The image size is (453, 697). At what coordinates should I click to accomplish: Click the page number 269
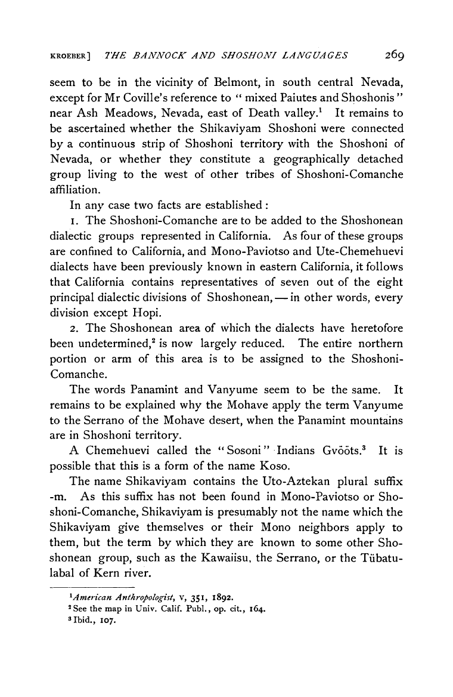(x=395, y=56)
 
